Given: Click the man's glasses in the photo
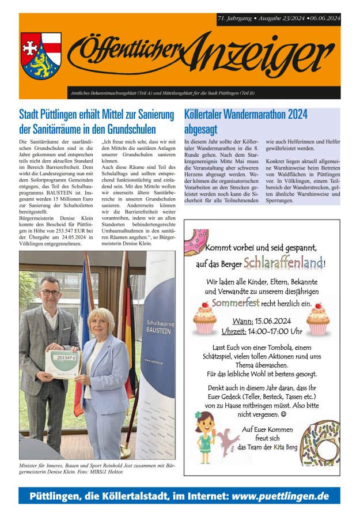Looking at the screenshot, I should pyautogui.click(x=50, y=292).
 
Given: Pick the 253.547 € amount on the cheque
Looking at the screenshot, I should pyautogui.click(x=63, y=357).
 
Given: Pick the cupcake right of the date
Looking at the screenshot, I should pyautogui.click(x=317, y=319).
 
